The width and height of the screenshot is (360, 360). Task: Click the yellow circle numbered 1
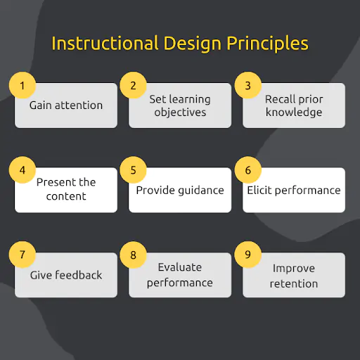(x=22, y=86)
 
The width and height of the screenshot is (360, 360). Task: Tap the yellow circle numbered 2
(x=133, y=86)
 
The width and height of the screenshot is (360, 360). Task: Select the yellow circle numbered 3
(x=247, y=86)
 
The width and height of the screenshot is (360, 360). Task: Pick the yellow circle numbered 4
(x=22, y=170)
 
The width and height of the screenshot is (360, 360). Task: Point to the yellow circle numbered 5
(x=133, y=170)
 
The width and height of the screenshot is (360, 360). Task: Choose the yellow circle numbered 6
(x=247, y=170)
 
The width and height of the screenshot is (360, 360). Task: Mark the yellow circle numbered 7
(x=22, y=255)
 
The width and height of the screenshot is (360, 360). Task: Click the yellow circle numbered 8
(x=133, y=255)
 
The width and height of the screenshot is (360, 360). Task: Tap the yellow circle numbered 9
(x=247, y=255)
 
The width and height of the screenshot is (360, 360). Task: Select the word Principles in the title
(x=267, y=44)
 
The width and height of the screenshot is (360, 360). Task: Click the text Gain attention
(x=66, y=105)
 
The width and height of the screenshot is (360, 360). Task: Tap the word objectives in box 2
(x=180, y=112)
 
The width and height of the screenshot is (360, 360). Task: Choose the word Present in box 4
(x=57, y=182)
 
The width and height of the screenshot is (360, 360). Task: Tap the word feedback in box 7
(x=79, y=275)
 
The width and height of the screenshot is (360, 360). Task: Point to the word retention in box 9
(x=294, y=283)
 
